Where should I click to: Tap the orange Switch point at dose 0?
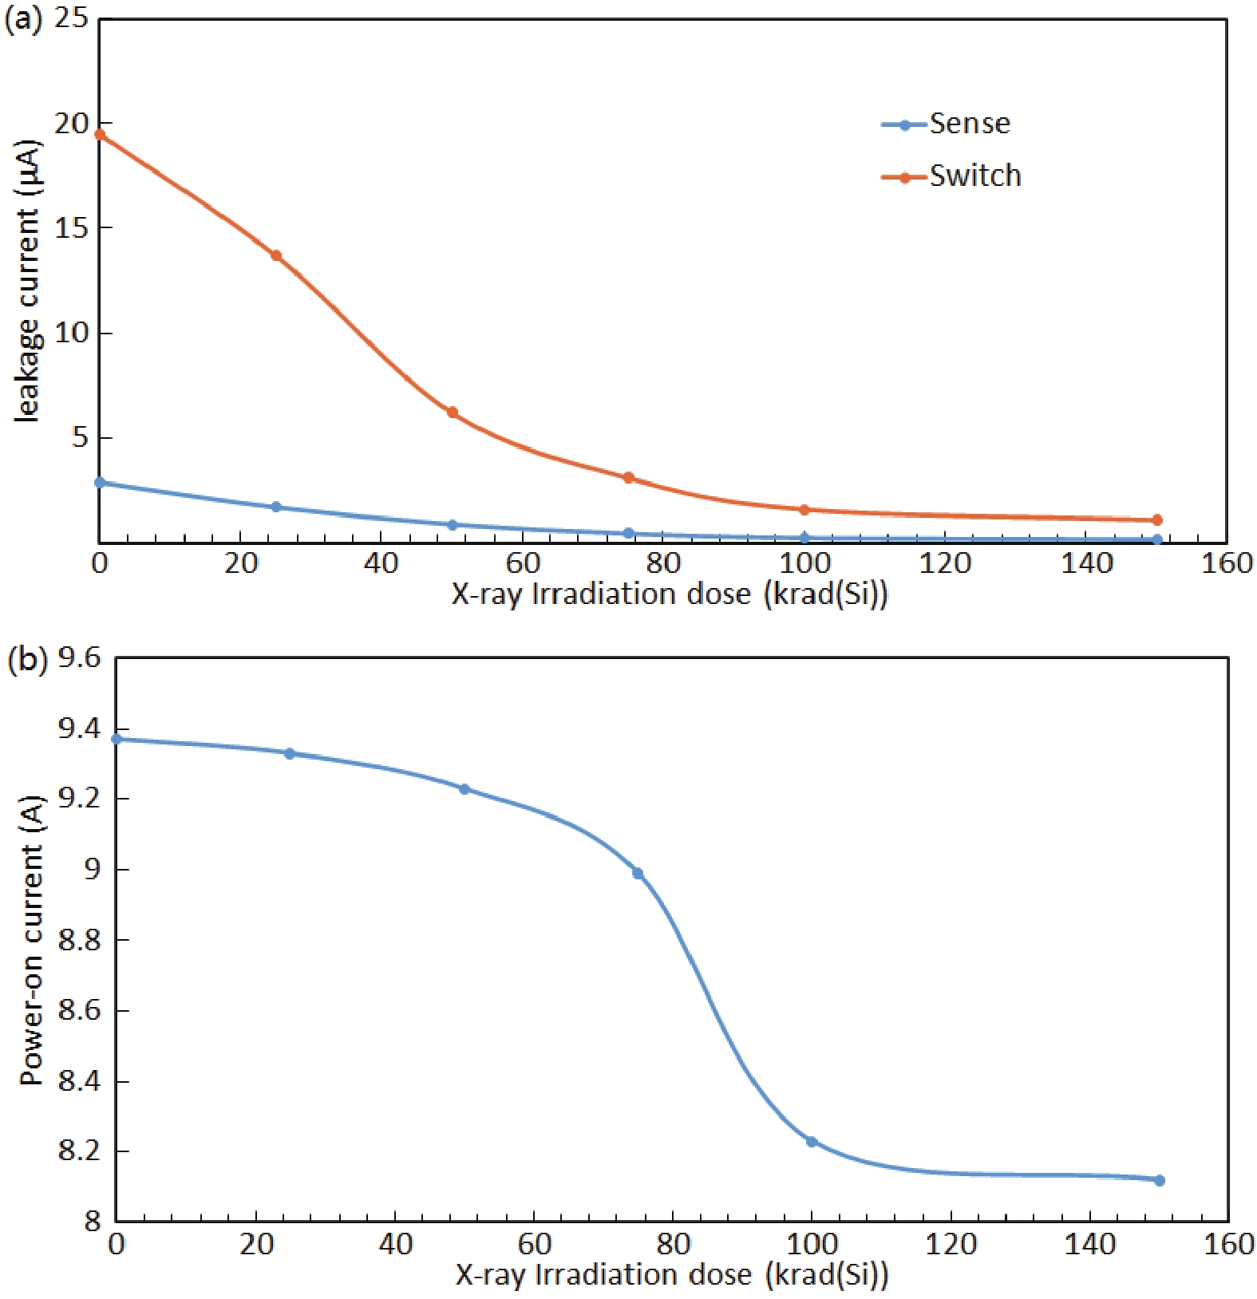point(100,134)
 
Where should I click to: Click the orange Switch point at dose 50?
point(453,413)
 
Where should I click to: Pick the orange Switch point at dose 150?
point(1157,520)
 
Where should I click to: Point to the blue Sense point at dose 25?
point(276,507)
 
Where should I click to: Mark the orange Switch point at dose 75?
point(629,478)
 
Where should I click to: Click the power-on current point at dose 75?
point(638,873)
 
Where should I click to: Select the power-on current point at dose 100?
point(812,1142)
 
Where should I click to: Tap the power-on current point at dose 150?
point(1160,1180)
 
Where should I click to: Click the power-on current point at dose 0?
point(117,739)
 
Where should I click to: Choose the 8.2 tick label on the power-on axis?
point(80,1151)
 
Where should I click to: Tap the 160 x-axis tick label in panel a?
point(1227,564)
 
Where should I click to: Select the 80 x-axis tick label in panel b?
point(673,1244)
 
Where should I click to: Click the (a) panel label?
point(23,20)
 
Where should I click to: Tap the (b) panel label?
point(26,661)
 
